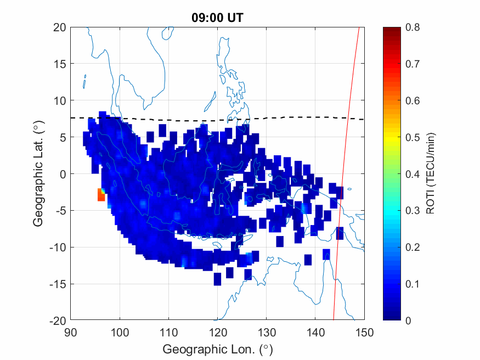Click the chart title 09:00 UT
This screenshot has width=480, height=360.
217,18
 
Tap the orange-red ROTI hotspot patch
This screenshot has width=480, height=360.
101,195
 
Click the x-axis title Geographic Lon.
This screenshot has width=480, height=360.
217,350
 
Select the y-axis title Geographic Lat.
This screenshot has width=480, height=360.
38,173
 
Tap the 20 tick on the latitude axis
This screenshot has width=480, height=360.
60,27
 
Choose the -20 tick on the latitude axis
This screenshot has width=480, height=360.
58,320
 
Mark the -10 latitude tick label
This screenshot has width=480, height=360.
58,248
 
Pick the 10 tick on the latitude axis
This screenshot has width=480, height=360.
60,100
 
